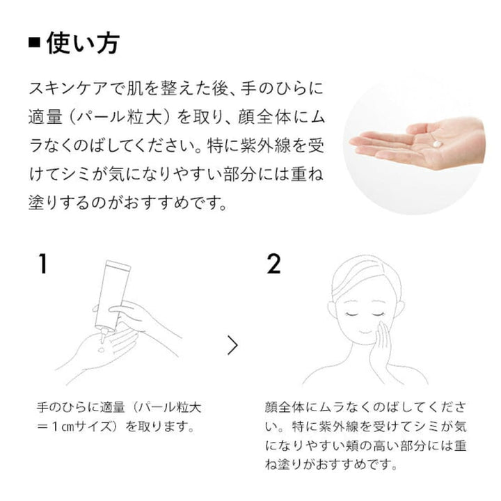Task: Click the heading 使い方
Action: pyautogui.click(x=83, y=43)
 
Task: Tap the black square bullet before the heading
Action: pyautogui.click(x=35, y=43)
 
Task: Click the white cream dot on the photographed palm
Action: pyautogui.click(x=437, y=144)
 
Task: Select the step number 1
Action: pyautogui.click(x=42, y=264)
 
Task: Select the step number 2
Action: pyautogui.click(x=273, y=264)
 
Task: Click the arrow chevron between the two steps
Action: pyautogui.click(x=233, y=345)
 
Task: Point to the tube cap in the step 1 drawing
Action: pyautogui.click(x=118, y=265)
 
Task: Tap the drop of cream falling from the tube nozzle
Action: pyautogui.click(x=102, y=349)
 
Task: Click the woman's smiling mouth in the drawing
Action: pyautogui.click(x=364, y=332)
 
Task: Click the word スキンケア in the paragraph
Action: pyautogui.click(x=68, y=88)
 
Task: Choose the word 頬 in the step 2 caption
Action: pyautogui.click(x=353, y=446)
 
